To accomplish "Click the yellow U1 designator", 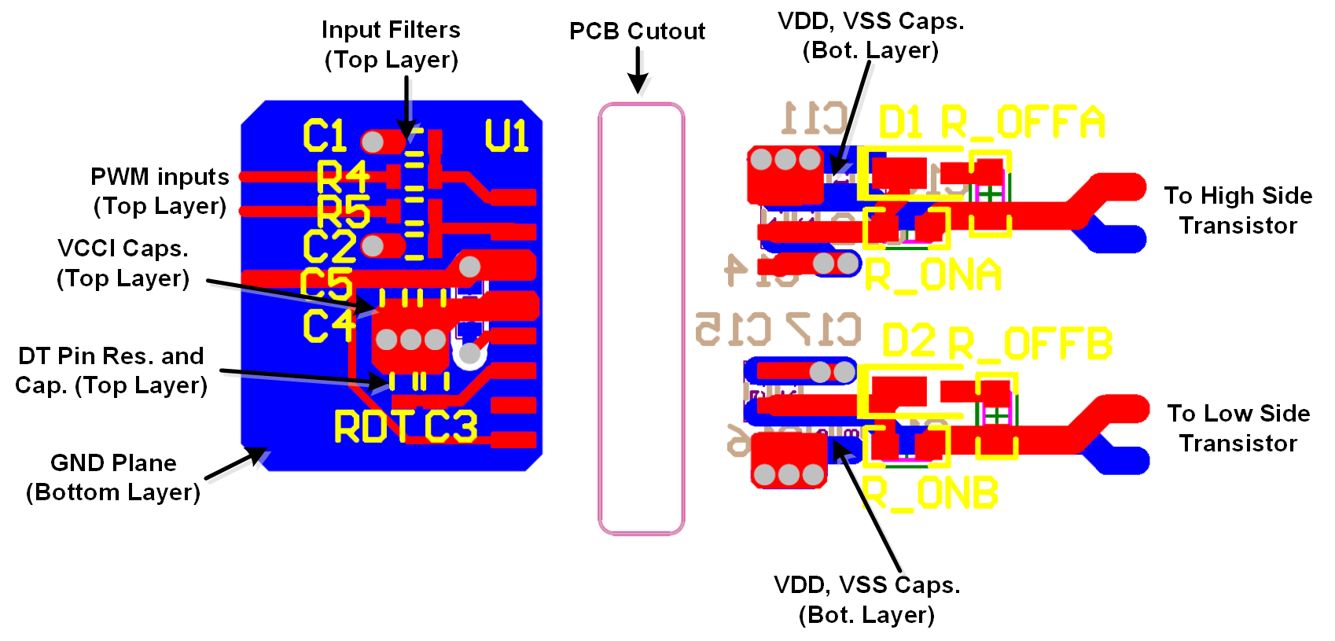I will [506, 135].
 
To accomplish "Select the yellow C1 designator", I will [325, 136].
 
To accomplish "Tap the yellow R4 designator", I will [343, 177].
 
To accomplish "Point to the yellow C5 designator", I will [326, 284].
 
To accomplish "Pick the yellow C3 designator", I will [451, 427].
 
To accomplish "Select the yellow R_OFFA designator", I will [1023, 123].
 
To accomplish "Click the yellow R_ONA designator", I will [932, 275].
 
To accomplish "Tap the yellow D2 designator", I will [909, 342].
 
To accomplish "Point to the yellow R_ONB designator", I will [930, 493].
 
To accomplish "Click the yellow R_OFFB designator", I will [1030, 344].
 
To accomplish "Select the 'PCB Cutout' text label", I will [637, 31].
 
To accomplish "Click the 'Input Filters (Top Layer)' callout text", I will [391, 44].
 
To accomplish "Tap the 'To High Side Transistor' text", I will [1238, 210].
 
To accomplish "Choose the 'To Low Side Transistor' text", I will [1238, 428].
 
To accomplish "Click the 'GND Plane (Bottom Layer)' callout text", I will [113, 477].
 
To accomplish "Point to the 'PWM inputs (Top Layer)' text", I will [160, 190].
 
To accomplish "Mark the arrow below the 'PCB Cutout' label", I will [638, 72].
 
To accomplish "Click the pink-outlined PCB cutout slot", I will [641, 319].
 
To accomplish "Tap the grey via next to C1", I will [373, 142].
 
